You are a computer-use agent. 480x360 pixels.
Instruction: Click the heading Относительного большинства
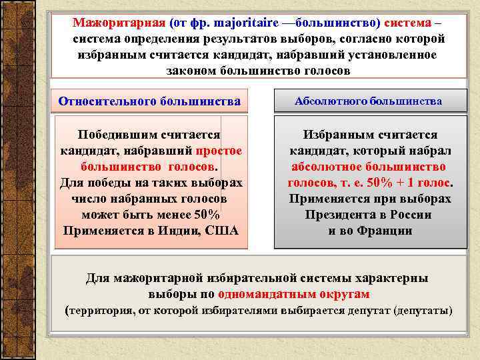pyautogui.click(x=149, y=102)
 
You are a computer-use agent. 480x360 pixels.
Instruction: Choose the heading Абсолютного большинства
pyautogui.click(x=369, y=102)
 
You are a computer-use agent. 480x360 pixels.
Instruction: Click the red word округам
pyautogui.click(x=342, y=294)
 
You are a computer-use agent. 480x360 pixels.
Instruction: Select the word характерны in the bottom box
pyautogui.click(x=394, y=278)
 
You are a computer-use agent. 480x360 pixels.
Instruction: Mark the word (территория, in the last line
pyautogui.click(x=100, y=311)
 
